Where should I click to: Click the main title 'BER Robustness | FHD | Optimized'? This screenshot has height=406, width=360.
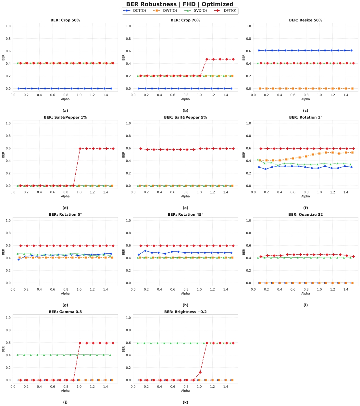point(180,4)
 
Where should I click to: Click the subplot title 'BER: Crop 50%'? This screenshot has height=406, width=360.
point(65,20)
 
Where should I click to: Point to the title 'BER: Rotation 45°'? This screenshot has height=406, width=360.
point(185,215)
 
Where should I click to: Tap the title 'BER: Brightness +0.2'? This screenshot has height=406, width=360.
point(185,312)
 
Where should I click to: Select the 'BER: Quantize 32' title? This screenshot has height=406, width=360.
point(305,215)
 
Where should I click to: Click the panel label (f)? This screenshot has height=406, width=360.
point(305,208)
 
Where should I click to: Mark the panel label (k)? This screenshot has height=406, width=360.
point(185,402)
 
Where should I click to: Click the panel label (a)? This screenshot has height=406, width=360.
point(65,111)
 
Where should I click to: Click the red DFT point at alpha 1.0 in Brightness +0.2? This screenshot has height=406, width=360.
point(200,372)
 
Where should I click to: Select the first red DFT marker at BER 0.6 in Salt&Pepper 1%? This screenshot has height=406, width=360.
point(80,148)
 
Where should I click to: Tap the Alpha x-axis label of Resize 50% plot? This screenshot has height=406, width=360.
point(305,99)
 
